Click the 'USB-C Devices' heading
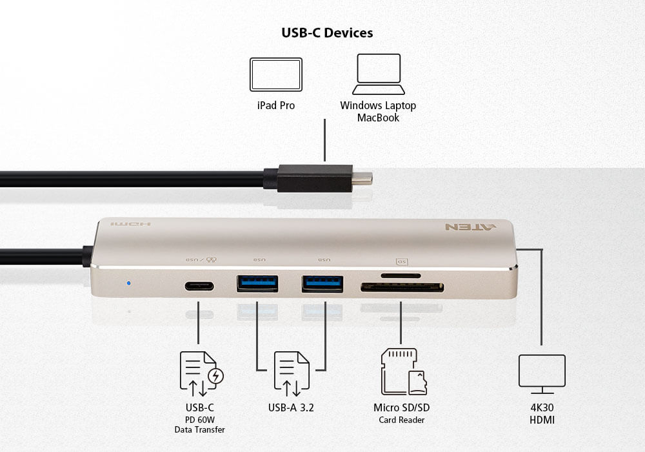[x=327, y=32]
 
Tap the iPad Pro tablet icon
[x=276, y=74]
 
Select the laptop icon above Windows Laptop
[x=379, y=74]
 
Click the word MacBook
[x=378, y=118]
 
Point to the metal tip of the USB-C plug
[x=362, y=178]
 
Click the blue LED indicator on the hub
[x=129, y=283]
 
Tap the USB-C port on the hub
[x=199, y=285]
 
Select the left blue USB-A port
[x=257, y=283]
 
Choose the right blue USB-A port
[x=322, y=283]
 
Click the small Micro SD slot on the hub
[x=401, y=276]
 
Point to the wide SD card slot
[x=402, y=287]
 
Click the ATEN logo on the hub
[x=471, y=227]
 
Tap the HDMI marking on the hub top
[x=130, y=224]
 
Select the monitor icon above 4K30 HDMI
[x=542, y=375]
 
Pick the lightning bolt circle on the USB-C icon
[x=216, y=376]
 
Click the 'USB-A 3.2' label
[x=291, y=407]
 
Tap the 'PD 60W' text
[x=200, y=420]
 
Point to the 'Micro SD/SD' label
[x=401, y=407]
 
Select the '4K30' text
[x=542, y=407]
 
